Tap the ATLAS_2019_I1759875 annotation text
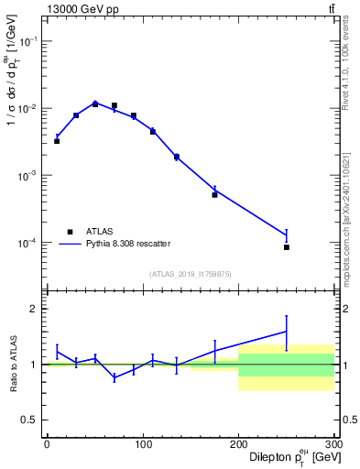pyautogui.click(x=189, y=273)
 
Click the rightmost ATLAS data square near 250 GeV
pyautogui.click(x=287, y=247)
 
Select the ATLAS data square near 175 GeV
pyautogui.click(x=214, y=194)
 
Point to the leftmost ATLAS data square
pyautogui.click(x=57, y=141)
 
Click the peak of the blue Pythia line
pyautogui.click(x=95, y=103)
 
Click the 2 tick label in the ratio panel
pyautogui.click(x=35, y=309)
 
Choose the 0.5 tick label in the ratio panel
pyautogui.click(x=31, y=420)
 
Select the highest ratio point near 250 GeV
pyautogui.click(x=287, y=332)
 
